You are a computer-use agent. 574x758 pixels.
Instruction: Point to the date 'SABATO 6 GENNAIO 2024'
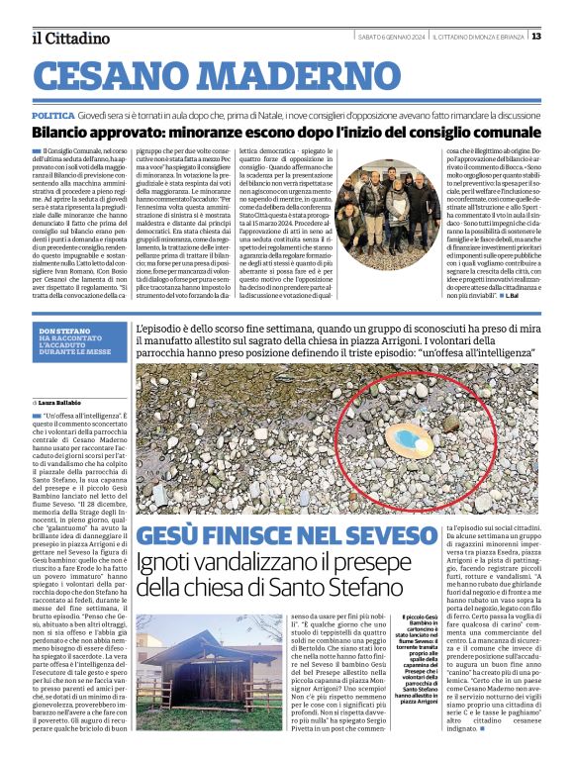click(392, 37)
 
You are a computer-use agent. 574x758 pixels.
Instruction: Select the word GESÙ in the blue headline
click(170, 538)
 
